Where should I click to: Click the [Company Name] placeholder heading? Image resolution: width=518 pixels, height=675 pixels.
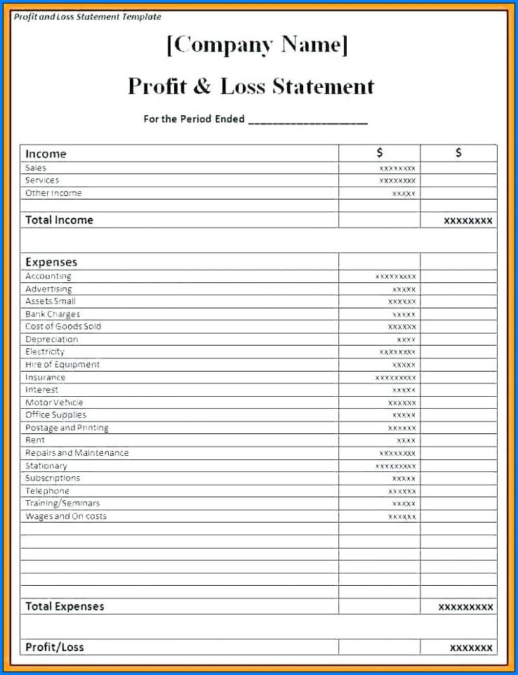point(257,45)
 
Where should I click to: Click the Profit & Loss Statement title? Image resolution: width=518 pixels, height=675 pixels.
point(251,86)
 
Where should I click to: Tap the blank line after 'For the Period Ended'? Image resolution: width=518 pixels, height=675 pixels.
point(307,119)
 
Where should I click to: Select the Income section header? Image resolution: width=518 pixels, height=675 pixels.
point(46,154)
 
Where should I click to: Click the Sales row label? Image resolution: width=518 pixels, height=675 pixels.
point(36,168)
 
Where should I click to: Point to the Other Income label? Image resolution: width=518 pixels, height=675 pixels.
point(53,193)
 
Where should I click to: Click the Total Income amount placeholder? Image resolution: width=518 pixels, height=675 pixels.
point(467,221)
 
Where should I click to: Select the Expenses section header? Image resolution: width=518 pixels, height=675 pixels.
point(51,262)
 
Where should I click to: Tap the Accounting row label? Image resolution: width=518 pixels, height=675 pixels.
point(48,277)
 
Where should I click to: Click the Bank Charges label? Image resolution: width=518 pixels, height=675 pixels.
point(53,315)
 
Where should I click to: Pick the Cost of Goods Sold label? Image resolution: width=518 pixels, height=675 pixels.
point(63,327)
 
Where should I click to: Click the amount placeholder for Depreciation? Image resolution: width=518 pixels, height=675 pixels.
point(406,339)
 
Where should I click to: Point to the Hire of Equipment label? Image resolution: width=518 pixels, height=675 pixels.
point(62,365)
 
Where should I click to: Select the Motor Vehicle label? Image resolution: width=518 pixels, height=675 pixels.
point(54,402)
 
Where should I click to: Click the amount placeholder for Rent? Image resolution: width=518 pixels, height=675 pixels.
point(406,440)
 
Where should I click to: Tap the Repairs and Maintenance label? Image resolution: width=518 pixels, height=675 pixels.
point(77,453)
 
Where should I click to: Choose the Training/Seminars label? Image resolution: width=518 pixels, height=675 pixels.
point(62,504)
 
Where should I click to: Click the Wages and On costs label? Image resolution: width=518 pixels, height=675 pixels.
point(66,516)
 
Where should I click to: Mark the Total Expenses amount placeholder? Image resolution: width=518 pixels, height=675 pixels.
point(465,607)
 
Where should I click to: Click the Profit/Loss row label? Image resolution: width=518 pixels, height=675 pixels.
point(55,647)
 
